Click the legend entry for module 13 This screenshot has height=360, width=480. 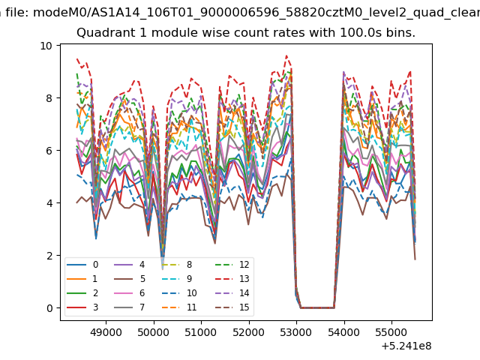click(232, 279)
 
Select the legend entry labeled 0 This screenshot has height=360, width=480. click(82, 265)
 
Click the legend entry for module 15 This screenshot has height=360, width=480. click(232, 307)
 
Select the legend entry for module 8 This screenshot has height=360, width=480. click(177, 265)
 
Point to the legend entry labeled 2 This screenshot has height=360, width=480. click(82, 293)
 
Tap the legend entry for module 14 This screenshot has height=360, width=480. click(232, 293)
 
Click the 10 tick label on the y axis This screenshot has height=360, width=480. click(46, 46)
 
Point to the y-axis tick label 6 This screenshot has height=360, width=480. click(49, 151)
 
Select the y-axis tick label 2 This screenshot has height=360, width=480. click(49, 256)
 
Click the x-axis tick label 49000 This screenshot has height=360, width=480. click(106, 332)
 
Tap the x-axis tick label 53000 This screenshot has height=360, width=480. click(296, 332)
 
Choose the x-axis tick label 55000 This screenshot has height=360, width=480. click(391, 332)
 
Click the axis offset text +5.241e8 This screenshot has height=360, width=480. click(406, 346)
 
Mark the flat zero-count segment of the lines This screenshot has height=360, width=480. click(317, 307)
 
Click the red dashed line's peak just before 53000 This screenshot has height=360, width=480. click(286, 55)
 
